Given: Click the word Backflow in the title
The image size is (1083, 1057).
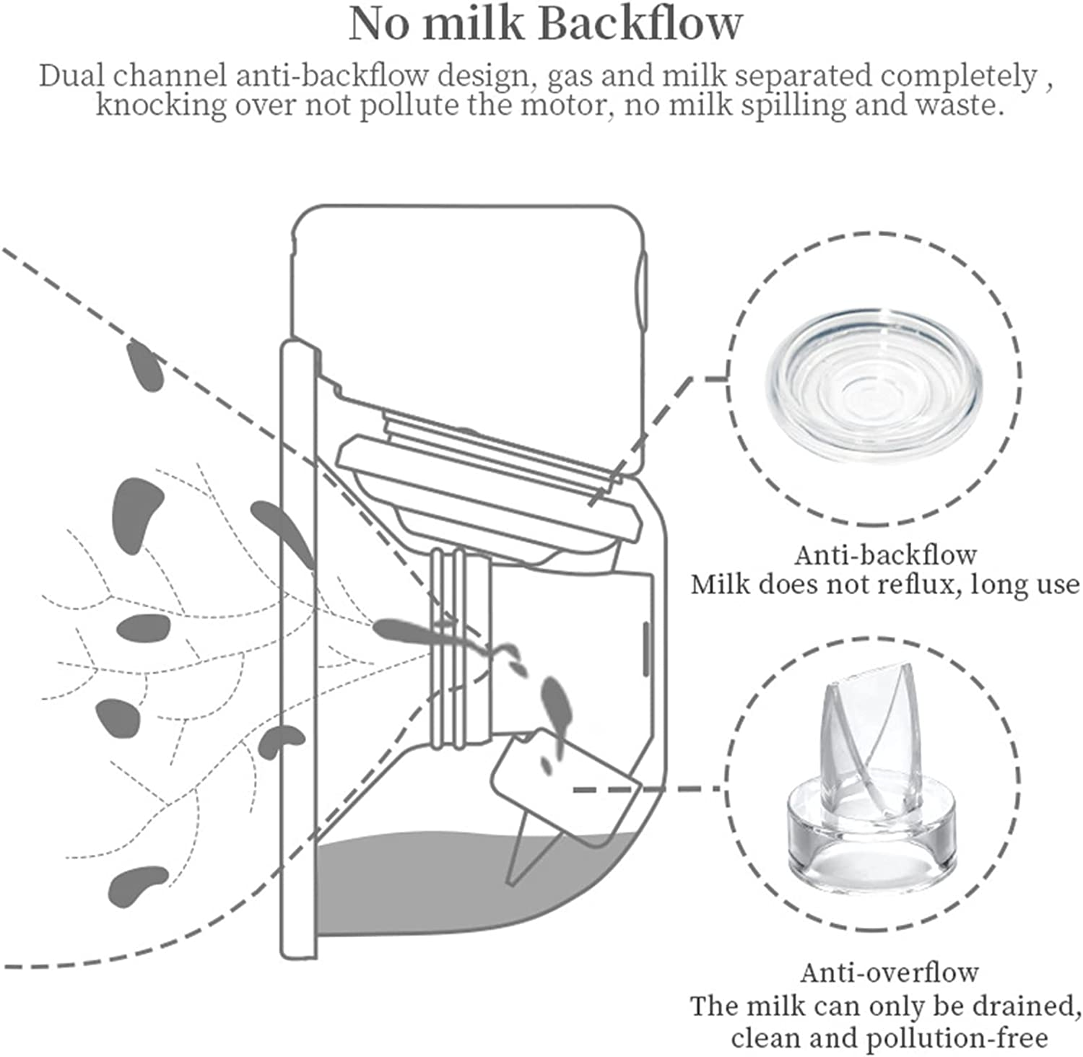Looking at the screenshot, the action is point(640,24).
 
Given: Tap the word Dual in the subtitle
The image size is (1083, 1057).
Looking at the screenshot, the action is point(72,76).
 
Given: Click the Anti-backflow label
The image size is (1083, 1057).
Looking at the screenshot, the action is point(885,555).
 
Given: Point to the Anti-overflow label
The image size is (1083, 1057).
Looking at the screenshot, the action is point(889,973).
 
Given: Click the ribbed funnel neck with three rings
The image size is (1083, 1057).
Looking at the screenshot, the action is point(459,646).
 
